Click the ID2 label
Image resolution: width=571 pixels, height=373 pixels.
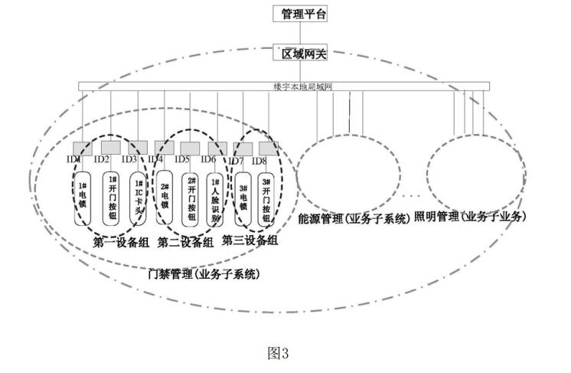102,159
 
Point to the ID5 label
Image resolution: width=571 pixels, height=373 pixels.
182,159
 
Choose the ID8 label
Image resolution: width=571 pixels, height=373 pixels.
259,161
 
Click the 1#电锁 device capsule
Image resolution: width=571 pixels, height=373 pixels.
81,198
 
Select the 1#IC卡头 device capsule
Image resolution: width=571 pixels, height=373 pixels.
138,198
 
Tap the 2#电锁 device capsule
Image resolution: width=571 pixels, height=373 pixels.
164,196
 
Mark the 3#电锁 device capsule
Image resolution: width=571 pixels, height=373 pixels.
243,198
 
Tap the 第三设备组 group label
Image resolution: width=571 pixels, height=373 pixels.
250,240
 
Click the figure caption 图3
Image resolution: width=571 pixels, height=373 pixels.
277,353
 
